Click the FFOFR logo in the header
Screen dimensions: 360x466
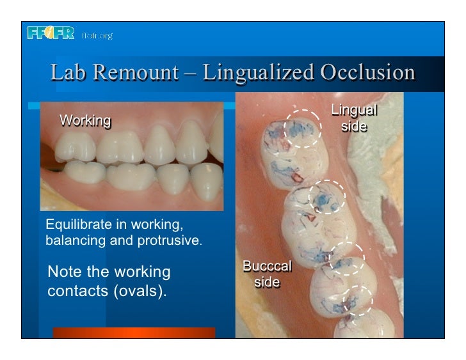51,33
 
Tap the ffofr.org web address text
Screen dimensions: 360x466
97,36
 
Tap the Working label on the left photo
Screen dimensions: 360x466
85,120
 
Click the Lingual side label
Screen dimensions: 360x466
353,118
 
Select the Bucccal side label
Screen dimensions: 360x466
267,274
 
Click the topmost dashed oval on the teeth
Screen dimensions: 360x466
303,129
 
